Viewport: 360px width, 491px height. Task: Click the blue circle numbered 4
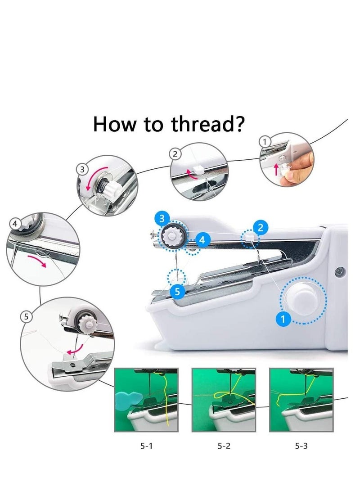pyautogui.click(x=202, y=240)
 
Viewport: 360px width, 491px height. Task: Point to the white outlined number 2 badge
pyautogui.click(x=175, y=154)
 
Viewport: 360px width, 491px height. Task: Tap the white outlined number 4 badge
pyautogui.click(x=15, y=223)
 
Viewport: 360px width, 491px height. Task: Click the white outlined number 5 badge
pyautogui.click(x=27, y=317)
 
